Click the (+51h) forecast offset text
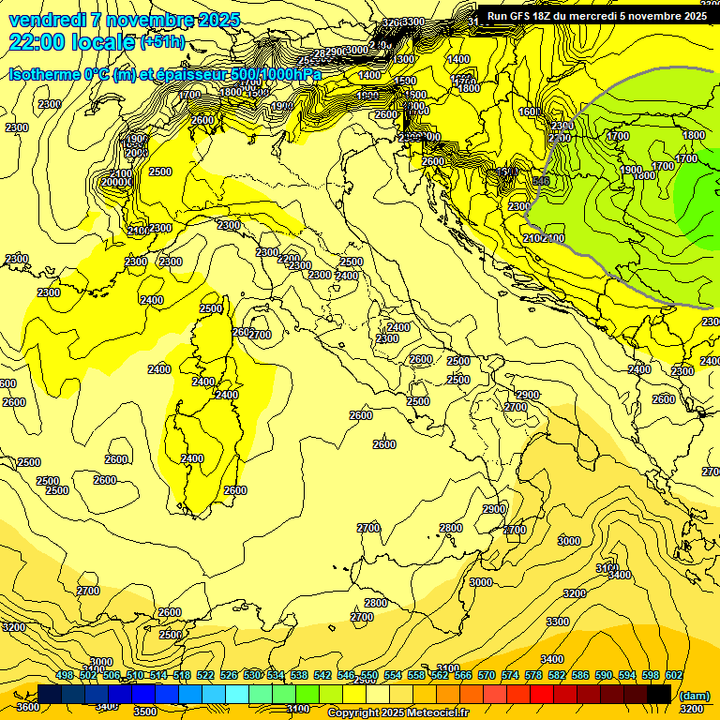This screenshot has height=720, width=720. (161, 42)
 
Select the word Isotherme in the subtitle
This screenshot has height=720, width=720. (43, 74)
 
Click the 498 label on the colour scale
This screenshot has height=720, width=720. (65, 675)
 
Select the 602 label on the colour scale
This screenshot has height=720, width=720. (673, 675)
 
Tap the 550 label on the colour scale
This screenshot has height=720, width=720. (368, 675)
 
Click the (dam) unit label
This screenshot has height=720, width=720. (694, 695)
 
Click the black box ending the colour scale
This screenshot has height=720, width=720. (659, 694)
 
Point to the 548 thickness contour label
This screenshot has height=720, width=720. (540, 180)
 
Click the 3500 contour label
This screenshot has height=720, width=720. (145, 712)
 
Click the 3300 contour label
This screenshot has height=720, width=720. (558, 622)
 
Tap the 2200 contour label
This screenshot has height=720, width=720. (289, 259)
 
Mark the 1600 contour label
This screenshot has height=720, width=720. (531, 112)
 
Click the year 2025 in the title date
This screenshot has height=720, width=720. (218, 20)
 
